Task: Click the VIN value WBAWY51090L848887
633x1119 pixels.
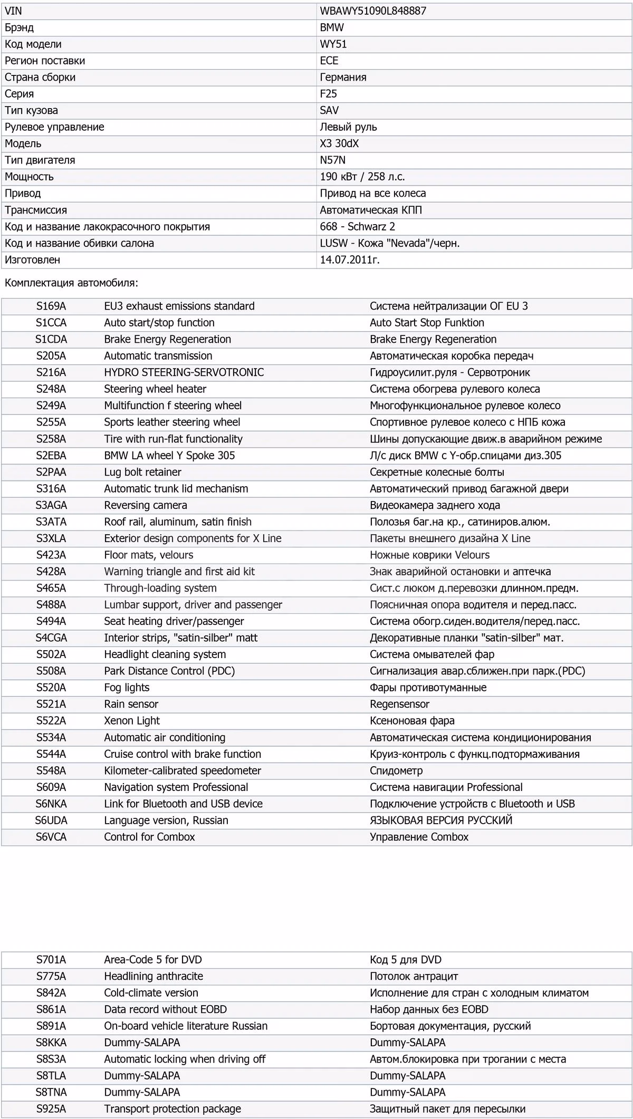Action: coord(373,11)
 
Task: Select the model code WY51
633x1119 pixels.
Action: coord(333,44)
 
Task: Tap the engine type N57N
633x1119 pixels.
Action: coord(333,160)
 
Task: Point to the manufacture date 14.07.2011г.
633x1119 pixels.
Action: coord(350,260)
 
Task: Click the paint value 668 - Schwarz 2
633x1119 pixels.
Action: coord(357,227)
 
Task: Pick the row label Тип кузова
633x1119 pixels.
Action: coord(32,111)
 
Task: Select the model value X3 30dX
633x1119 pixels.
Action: coord(339,143)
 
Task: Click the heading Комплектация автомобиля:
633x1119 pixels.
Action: coord(71,283)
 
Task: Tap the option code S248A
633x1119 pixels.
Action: coord(51,389)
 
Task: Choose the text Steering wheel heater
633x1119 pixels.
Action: coord(155,389)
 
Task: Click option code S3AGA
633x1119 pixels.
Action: coord(51,505)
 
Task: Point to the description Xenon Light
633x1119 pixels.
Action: coord(132,721)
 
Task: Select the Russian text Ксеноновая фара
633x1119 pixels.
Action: coord(412,721)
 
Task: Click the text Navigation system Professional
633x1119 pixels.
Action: coord(176,787)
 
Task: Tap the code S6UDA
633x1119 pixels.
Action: coord(51,821)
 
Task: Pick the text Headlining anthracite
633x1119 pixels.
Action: coord(154,976)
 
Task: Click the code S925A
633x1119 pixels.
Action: coord(51,1109)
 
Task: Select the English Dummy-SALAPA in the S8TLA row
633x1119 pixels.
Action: coord(142,1076)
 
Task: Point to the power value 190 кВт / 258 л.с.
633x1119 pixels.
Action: coord(362,177)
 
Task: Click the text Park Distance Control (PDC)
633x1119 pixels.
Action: coord(169,671)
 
